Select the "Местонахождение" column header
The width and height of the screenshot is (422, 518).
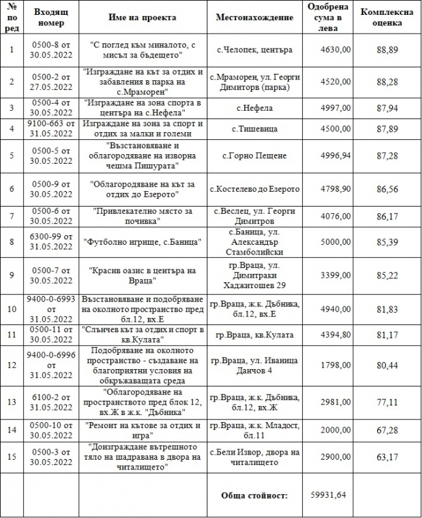pos(255,17)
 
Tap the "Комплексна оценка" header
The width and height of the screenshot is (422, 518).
pos(389,17)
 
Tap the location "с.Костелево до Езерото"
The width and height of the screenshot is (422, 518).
pos(255,189)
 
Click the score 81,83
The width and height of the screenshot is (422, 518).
pos(389,310)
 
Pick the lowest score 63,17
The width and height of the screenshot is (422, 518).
pos(389,457)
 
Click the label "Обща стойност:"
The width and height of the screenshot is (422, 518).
pos(255,495)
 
